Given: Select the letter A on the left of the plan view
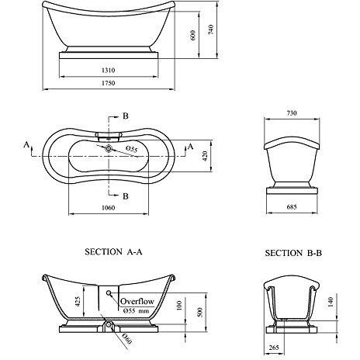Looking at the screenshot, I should [x=26, y=145].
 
